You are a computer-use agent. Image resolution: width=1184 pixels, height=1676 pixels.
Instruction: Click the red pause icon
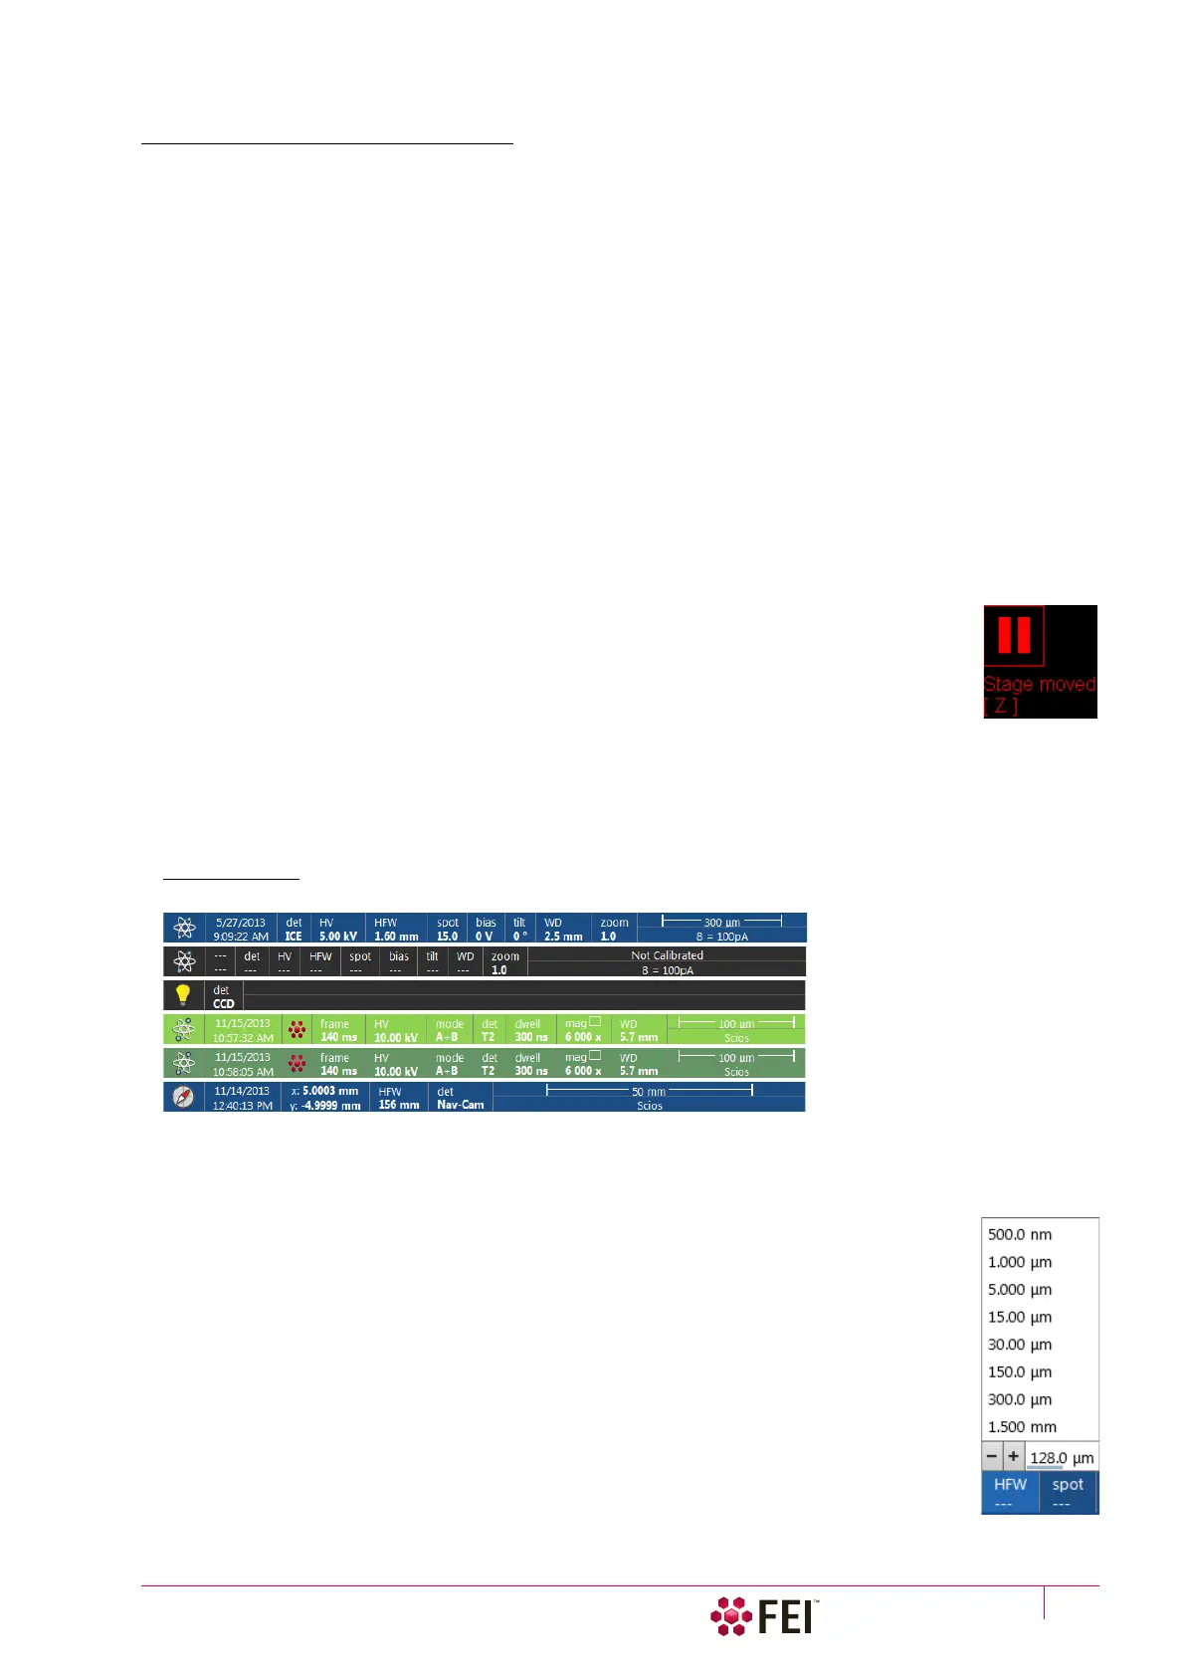1014,635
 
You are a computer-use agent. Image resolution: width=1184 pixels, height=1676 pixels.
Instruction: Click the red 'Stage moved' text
1039,685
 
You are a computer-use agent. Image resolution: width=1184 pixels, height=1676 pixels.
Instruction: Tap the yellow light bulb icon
183,995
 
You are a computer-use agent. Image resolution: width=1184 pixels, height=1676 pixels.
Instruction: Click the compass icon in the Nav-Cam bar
183,1097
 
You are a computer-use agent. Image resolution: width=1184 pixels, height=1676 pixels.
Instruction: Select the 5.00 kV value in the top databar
338,937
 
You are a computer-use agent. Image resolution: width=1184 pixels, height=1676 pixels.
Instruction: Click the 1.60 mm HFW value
396,937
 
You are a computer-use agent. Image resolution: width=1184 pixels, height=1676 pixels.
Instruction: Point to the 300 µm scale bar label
721,923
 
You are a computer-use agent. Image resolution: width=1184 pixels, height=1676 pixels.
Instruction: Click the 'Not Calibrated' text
667,955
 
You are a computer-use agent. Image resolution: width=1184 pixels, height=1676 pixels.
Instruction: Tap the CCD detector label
223,1003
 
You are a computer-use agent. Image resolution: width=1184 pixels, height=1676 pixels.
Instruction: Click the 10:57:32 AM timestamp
243,1038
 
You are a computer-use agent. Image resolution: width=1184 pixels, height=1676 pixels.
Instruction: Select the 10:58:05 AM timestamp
243,1072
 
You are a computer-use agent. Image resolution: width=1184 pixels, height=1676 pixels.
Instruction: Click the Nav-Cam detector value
460,1105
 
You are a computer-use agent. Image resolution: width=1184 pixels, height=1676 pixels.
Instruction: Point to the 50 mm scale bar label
649,1092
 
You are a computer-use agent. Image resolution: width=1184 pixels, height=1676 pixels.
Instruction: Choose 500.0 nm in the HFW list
1020,1234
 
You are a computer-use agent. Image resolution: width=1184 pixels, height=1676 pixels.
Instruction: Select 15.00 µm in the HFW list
1020,1317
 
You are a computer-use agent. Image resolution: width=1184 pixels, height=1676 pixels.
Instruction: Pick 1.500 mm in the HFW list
1022,1426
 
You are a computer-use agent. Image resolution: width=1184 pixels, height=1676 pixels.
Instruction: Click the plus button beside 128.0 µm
1013,1456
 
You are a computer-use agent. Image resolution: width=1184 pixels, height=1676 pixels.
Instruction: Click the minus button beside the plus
992,1456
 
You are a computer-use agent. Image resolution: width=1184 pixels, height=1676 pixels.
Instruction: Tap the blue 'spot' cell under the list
1068,1491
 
